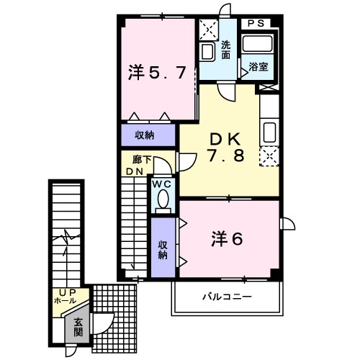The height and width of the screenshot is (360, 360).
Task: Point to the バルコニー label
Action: click(x=225, y=297)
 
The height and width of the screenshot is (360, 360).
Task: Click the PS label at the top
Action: click(x=256, y=24)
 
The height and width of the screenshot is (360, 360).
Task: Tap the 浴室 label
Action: click(x=258, y=67)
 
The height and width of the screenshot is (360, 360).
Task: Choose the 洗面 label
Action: click(x=225, y=49)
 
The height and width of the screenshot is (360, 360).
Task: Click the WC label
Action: click(x=162, y=184)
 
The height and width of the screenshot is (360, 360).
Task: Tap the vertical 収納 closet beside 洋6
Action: click(x=163, y=248)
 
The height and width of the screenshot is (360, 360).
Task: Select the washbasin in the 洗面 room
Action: click(x=208, y=50)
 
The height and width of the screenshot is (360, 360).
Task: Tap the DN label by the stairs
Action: click(x=135, y=171)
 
